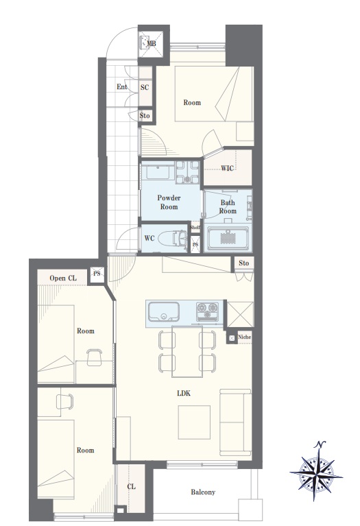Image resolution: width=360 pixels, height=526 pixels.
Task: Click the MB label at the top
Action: [x=152, y=44]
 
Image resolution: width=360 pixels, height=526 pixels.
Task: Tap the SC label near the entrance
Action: [x=145, y=88]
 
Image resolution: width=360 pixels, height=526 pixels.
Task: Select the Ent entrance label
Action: [x=122, y=87]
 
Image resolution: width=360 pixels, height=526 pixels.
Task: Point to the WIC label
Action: [x=227, y=168]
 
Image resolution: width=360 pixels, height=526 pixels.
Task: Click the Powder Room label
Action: [x=169, y=202]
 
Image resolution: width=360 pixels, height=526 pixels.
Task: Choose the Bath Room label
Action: [x=228, y=206]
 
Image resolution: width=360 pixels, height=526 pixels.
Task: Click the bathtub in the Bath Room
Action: [x=228, y=238]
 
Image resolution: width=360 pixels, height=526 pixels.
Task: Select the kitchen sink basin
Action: [x=164, y=312]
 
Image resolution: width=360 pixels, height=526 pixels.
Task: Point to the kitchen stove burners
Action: [x=207, y=311]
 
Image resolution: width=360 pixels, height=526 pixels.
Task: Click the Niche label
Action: [x=244, y=337]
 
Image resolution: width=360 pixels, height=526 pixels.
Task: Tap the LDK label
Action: [x=184, y=393]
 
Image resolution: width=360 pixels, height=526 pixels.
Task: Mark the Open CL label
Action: [x=63, y=278]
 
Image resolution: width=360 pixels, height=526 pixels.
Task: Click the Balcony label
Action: [x=203, y=492]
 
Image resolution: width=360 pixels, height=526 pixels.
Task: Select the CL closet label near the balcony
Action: [x=131, y=486]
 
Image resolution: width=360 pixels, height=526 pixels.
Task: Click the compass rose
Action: [x=316, y=471]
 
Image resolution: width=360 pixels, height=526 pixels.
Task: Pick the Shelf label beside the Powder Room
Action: [x=195, y=228]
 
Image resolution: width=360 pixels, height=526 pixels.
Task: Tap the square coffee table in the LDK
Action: [x=194, y=422]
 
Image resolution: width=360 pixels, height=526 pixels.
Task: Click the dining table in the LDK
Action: [x=187, y=351]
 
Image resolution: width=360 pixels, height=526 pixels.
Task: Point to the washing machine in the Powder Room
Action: [x=188, y=172]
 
